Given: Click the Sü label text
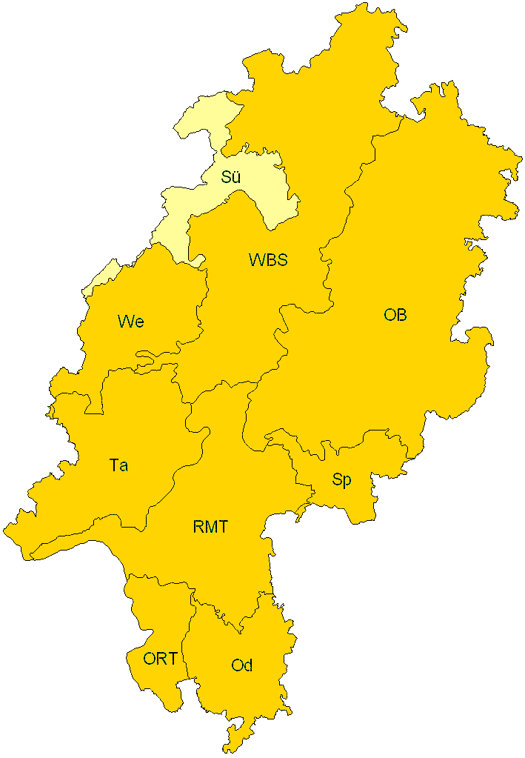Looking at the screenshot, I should (231, 177).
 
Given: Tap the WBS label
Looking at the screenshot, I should (267, 260).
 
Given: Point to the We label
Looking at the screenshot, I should (130, 322).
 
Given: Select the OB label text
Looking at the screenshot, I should (395, 315).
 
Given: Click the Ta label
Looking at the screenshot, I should (118, 465).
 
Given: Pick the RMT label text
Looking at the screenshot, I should (210, 528).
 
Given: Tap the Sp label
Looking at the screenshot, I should (341, 480).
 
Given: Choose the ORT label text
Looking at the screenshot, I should (160, 658).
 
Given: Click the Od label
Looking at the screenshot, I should (242, 665).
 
